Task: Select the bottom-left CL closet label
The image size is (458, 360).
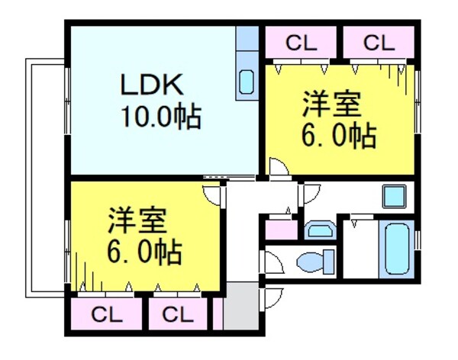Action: pyautogui.click(x=106, y=313)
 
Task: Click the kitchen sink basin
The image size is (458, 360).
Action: pyautogui.click(x=247, y=80)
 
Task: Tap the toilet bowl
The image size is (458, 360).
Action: pyautogui.click(x=316, y=261)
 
